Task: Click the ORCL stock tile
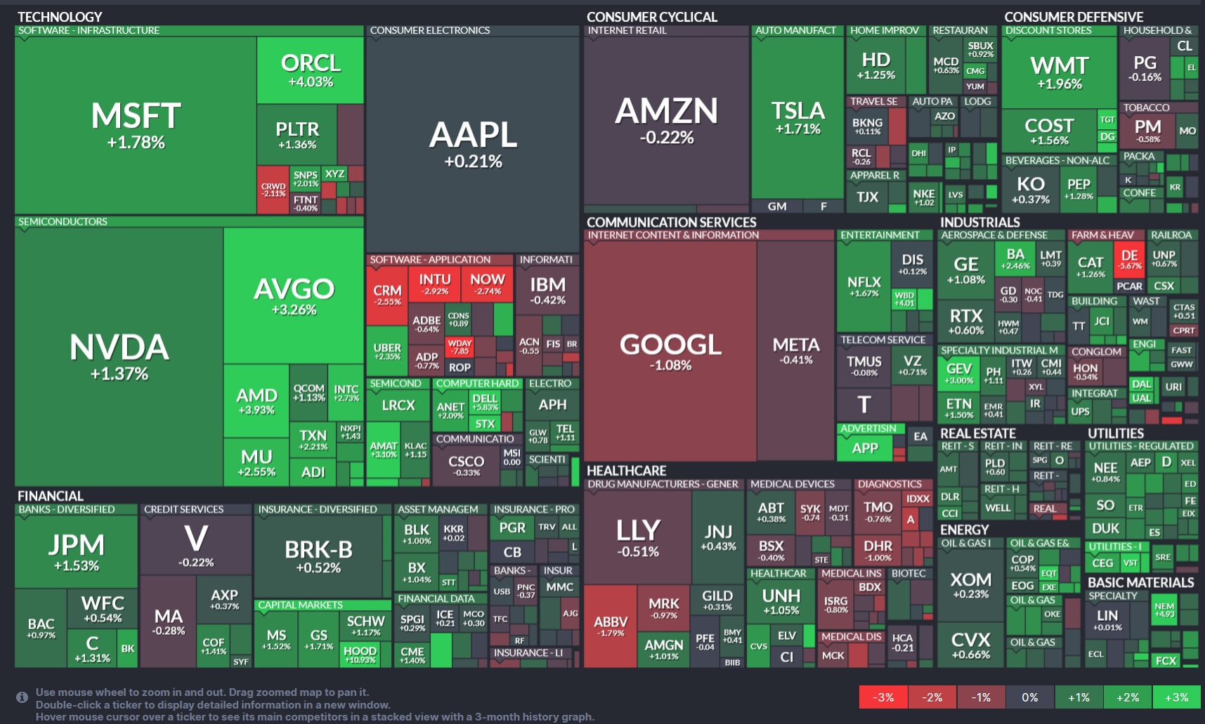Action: pos(311,70)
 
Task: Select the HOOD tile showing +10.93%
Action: pos(360,654)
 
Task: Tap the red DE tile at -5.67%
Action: pos(1130,259)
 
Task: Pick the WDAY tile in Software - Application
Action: pos(460,347)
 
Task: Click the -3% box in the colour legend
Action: pos(883,697)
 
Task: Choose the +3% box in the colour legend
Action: pos(1176,697)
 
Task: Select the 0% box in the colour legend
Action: pos(1030,697)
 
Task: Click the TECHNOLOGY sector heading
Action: pos(60,17)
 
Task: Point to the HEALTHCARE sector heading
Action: pos(626,470)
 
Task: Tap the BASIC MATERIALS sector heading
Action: pos(1140,582)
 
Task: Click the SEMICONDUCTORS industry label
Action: pos(63,221)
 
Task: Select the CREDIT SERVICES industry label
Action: pos(183,509)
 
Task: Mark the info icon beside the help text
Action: pos(22,697)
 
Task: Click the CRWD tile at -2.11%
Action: pos(273,190)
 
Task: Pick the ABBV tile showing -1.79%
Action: pos(610,625)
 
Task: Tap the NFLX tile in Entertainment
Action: pos(864,286)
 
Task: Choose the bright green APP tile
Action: pos(864,448)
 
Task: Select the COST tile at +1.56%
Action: pos(1049,130)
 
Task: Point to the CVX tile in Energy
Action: pos(970,645)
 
